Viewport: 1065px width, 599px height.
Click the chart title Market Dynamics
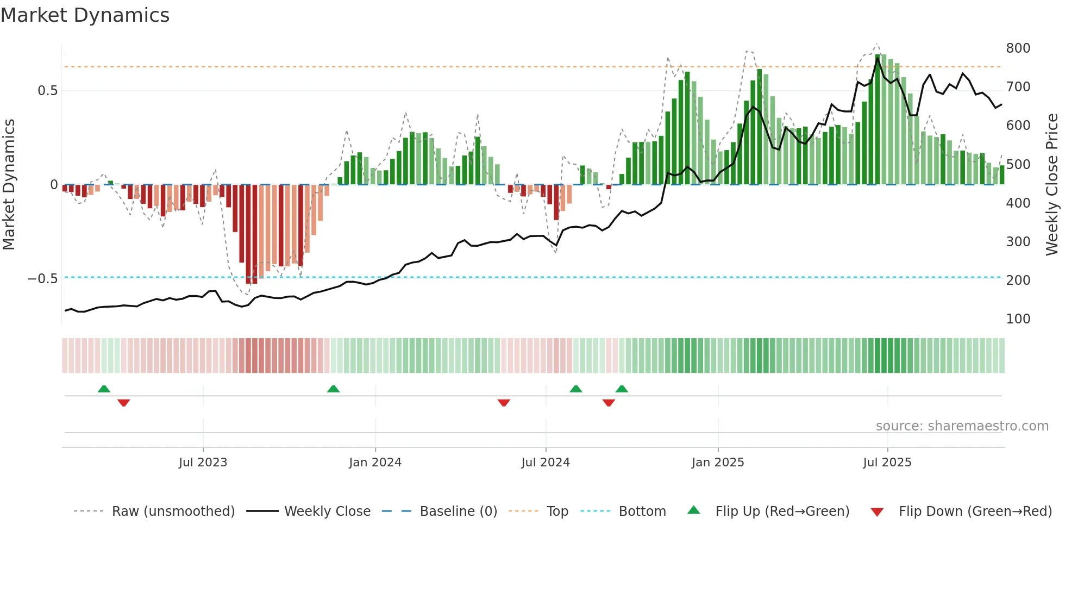(85, 15)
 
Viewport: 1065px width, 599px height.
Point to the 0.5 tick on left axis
(47, 91)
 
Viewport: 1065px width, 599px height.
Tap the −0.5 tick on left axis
(43, 279)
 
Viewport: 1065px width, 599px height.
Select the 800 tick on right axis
(1018, 48)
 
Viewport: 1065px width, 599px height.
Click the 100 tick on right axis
(1018, 319)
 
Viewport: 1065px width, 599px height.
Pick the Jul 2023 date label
(203, 463)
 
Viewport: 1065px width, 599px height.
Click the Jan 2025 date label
(717, 463)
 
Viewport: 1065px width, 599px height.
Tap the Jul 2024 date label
(545, 463)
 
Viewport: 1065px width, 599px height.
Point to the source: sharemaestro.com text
(962, 426)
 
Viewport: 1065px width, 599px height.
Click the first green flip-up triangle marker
(104, 389)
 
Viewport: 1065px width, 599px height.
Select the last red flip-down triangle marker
(609, 403)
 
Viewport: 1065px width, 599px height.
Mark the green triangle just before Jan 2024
(333, 389)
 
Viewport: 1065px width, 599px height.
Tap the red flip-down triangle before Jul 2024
(504, 403)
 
